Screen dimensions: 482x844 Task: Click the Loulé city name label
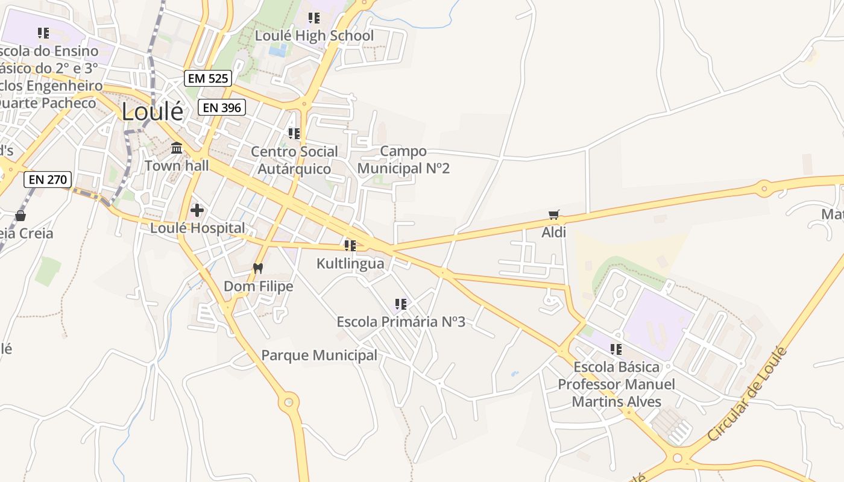tap(153, 111)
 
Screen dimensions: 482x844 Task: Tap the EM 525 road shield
tap(208, 78)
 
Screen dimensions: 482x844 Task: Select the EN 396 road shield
tap(222, 108)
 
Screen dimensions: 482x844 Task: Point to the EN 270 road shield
tap(48, 179)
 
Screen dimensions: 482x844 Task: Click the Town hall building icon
tap(177, 148)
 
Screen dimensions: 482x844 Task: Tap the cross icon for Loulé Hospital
tap(197, 210)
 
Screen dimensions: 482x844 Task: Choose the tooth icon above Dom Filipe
tap(258, 269)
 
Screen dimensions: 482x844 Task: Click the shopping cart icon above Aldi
tap(554, 214)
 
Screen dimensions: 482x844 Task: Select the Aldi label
tap(554, 232)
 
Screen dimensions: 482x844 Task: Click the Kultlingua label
tap(350, 264)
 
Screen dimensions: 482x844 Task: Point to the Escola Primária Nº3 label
tap(401, 322)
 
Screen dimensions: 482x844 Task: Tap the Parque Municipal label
tap(319, 355)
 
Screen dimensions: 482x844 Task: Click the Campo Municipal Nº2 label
tap(403, 160)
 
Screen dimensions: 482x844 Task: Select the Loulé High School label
tap(314, 36)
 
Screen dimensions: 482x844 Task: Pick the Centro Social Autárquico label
tap(294, 160)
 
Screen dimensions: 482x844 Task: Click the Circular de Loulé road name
tap(748, 393)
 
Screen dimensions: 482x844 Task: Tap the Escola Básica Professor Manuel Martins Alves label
tap(616, 384)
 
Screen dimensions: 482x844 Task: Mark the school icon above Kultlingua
tap(350, 246)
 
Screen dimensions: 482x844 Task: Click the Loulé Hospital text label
tap(198, 228)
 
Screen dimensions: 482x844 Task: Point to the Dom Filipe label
tap(259, 286)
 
